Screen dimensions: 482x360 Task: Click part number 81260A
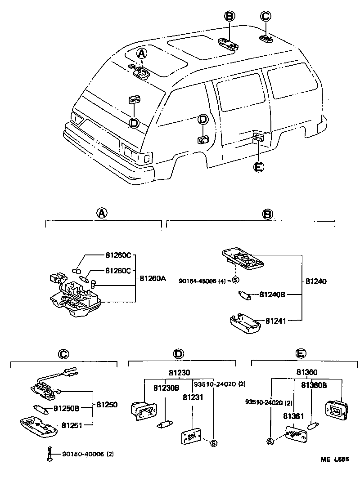click(153, 278)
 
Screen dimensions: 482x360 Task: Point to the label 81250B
click(66, 408)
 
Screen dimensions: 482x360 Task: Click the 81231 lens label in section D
click(193, 397)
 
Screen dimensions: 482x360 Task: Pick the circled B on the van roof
click(229, 17)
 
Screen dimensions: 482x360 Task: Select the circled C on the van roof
click(265, 17)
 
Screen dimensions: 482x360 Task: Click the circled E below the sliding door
click(258, 167)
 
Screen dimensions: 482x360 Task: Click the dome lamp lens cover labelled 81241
click(245, 324)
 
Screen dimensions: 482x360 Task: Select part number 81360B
click(314, 385)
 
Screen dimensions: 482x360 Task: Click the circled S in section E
click(270, 441)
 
